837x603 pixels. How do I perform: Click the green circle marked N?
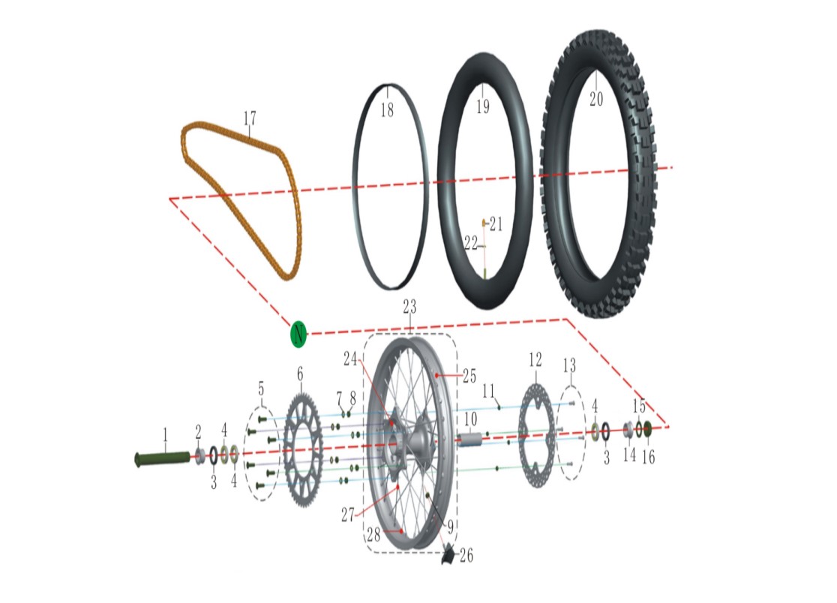click(x=298, y=334)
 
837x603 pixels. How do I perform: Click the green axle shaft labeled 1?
click(x=163, y=457)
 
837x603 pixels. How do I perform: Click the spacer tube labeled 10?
click(x=469, y=439)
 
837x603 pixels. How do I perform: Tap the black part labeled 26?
click(x=447, y=554)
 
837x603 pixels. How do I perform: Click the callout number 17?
click(x=249, y=118)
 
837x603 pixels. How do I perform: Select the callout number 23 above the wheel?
click(x=409, y=307)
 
